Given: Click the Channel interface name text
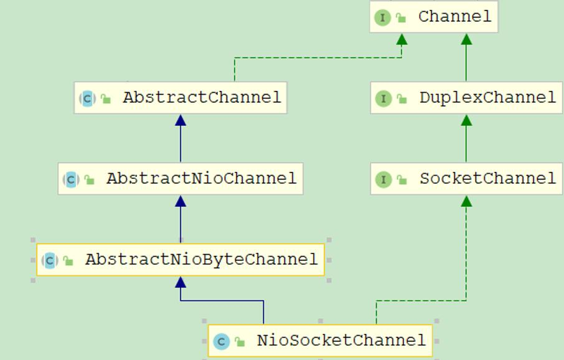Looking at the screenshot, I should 454,17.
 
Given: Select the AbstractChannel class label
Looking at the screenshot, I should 202,98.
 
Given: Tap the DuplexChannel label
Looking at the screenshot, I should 487,98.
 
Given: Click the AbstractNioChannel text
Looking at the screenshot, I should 201,179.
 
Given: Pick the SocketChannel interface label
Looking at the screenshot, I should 487,179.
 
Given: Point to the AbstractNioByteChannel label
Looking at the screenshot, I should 201,260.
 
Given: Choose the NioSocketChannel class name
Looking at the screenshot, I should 341,341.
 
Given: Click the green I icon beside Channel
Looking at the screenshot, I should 382,17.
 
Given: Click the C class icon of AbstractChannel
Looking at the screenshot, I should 87,98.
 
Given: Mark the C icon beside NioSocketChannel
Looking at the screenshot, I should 221,341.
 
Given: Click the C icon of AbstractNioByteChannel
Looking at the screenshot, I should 50,260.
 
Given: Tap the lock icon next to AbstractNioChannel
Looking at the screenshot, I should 90,180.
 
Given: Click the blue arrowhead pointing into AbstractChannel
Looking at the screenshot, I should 181,120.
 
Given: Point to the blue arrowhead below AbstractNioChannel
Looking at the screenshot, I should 181,201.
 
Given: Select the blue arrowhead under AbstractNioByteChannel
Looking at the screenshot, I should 181,282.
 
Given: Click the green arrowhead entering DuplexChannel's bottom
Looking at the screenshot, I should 466,120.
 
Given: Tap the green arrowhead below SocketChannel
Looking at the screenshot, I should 466,201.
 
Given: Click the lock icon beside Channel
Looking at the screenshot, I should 402,18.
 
